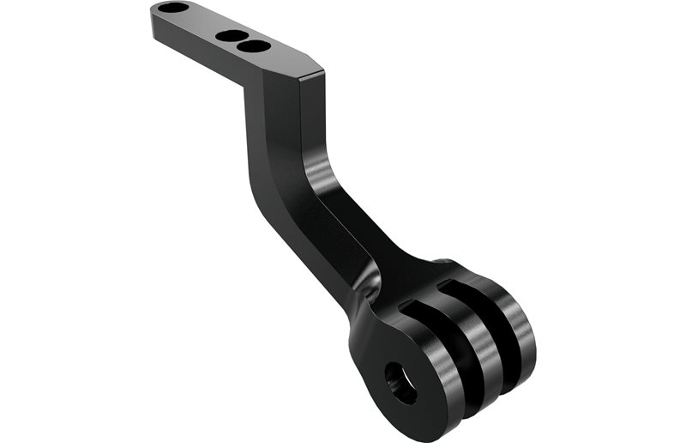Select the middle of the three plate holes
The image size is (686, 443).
pos(230,36)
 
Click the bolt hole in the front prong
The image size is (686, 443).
pos(400,381)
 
